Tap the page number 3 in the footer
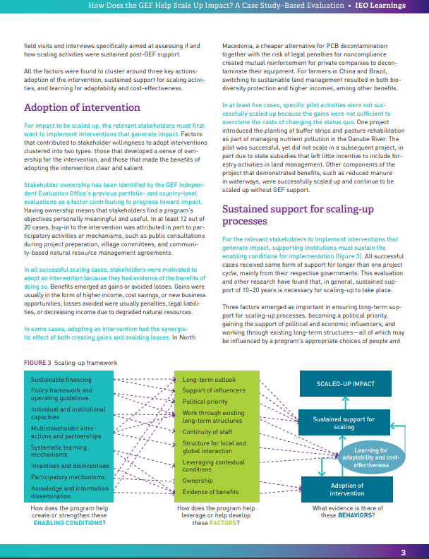[x=403, y=553]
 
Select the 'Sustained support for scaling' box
[x=344, y=423]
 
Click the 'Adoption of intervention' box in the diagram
[x=347, y=489]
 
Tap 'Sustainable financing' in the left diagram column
[x=61, y=379]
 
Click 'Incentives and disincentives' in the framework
[x=70, y=466]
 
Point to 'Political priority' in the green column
[x=205, y=401]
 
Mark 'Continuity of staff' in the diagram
[x=207, y=432]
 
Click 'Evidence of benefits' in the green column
[x=210, y=492]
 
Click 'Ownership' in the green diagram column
[x=197, y=481]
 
